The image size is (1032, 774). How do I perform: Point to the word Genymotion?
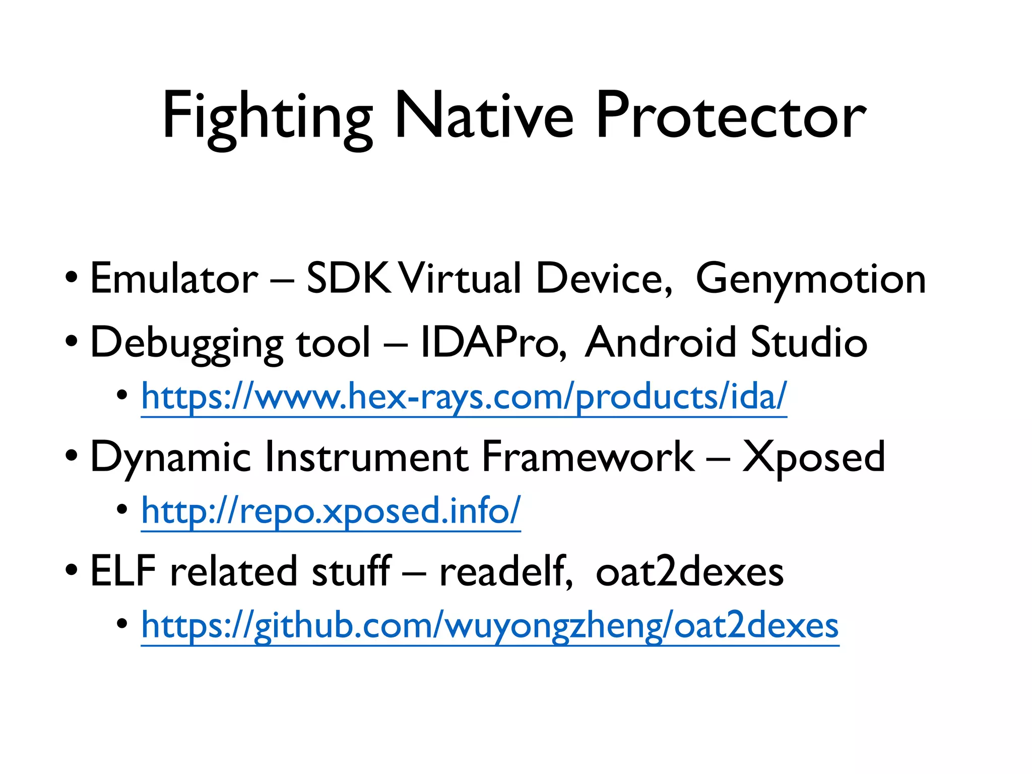pyautogui.click(x=810, y=280)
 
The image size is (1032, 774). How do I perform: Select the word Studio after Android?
pyautogui.click(x=808, y=343)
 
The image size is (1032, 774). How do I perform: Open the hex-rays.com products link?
pyautogui.click(x=464, y=397)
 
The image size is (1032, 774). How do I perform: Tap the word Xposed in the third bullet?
pyautogui.click(x=813, y=457)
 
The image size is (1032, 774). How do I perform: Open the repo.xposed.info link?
pyautogui.click(x=331, y=511)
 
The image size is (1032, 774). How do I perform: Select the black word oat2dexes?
pyautogui.click(x=689, y=572)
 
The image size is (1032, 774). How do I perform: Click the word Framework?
pyautogui.click(x=588, y=457)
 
